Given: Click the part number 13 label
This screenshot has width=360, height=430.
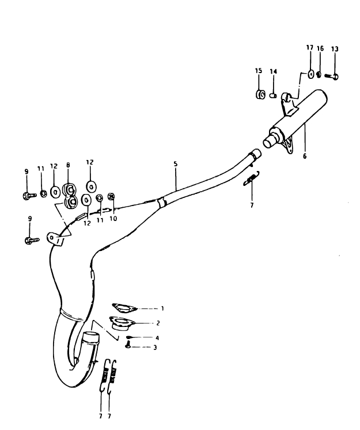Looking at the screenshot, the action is [x=335, y=49].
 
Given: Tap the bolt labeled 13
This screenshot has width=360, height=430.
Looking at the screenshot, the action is [x=331, y=76].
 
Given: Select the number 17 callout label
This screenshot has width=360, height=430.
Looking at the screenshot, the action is [x=310, y=48].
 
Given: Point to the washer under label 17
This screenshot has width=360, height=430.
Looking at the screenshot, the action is [x=310, y=74].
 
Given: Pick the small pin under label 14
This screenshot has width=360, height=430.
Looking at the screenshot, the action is [x=273, y=96].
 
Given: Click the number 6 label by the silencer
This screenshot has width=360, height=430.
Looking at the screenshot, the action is [x=305, y=157].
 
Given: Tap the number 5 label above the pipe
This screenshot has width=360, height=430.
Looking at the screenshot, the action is [x=176, y=164].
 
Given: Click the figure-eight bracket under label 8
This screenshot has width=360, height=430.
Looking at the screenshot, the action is [x=70, y=195].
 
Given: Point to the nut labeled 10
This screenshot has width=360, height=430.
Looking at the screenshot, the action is [x=111, y=196].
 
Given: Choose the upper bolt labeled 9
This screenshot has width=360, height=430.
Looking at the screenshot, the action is [x=29, y=196].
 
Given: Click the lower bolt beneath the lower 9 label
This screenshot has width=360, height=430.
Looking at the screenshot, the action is [x=32, y=240].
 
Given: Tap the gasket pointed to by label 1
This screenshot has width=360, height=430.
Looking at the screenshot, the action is [x=124, y=308].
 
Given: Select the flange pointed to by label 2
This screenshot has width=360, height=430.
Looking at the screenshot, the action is [x=121, y=323].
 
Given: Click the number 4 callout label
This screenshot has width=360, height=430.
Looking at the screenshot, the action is [x=157, y=338].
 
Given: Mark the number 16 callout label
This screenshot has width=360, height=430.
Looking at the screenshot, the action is [x=320, y=48].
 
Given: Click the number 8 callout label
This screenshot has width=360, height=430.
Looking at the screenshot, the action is [x=68, y=165].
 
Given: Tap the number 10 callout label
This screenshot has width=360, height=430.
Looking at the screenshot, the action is [x=113, y=219].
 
